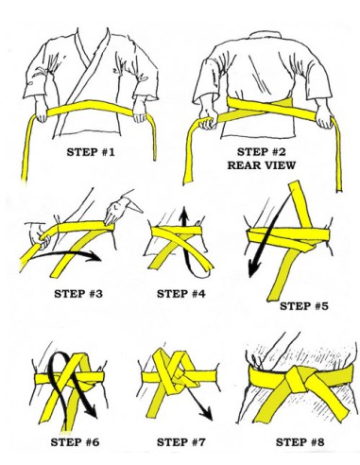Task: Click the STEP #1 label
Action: click(x=91, y=152)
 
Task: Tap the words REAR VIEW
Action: click(x=262, y=165)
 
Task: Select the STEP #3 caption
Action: click(x=78, y=294)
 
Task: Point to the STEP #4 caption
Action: click(x=181, y=294)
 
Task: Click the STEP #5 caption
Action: click(x=304, y=306)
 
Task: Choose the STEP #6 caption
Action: click(x=75, y=442)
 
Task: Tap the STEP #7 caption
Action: click(x=181, y=442)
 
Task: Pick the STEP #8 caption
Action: click(x=300, y=442)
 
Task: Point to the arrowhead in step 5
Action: click(x=253, y=269)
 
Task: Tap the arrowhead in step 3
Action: click(x=94, y=256)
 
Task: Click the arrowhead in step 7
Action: click(x=208, y=414)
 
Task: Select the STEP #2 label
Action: click(x=262, y=152)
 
